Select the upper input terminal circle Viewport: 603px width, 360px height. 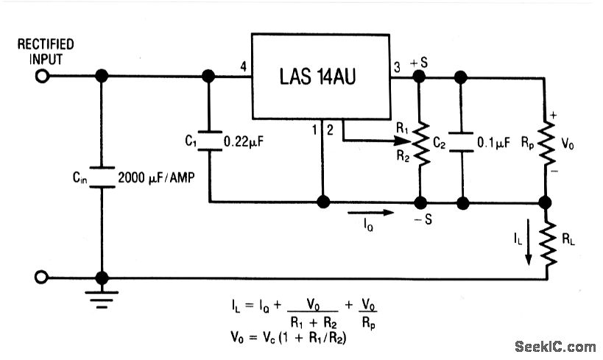click(x=42, y=75)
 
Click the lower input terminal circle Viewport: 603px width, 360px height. click(x=42, y=278)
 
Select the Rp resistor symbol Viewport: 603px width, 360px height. click(x=546, y=144)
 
